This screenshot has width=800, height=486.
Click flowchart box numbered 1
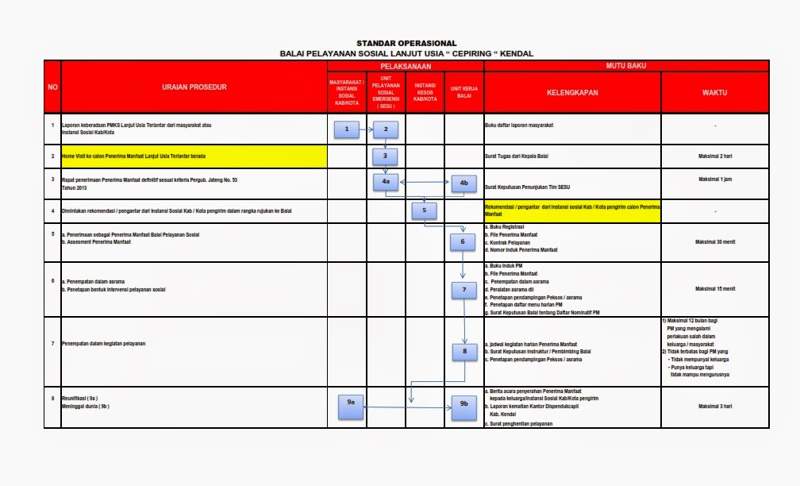point(347,129)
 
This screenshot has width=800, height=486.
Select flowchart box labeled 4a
point(386,182)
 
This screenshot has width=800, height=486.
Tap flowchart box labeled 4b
point(463,182)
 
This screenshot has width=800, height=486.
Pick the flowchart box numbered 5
point(425,210)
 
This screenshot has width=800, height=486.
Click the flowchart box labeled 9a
point(351,403)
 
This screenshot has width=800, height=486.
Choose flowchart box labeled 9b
point(463,403)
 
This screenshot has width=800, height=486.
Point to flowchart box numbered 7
point(463,290)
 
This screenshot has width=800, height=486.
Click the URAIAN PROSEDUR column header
point(194,87)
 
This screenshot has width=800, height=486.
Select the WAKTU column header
point(714,93)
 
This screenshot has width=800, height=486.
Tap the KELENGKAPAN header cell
point(572,93)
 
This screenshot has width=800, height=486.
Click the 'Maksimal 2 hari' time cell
point(714,156)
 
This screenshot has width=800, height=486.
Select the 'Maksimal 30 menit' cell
point(714,241)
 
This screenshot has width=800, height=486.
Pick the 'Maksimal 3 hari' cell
point(714,406)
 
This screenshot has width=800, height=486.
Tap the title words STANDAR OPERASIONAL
point(406,43)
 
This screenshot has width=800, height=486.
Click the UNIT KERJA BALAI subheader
point(464,92)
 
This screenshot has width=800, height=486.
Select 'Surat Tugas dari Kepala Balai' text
point(524,156)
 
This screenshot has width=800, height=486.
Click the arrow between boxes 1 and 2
point(366,129)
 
